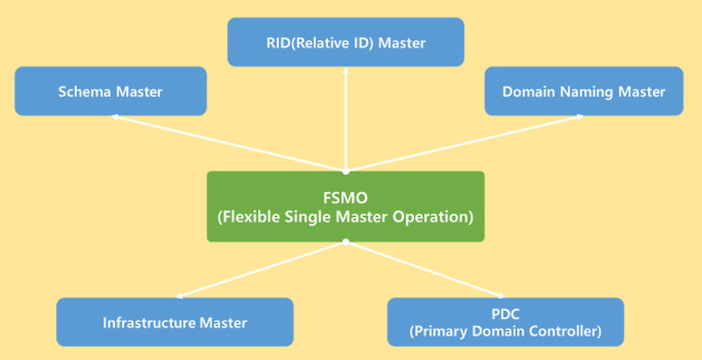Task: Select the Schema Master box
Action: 111,91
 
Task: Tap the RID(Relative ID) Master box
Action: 345,41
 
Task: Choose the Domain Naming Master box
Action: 584,91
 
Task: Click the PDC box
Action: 505,322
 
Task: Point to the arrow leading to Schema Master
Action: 228,143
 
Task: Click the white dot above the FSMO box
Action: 346,170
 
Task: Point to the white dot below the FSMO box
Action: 346,241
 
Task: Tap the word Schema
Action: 82,91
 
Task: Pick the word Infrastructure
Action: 141,322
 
